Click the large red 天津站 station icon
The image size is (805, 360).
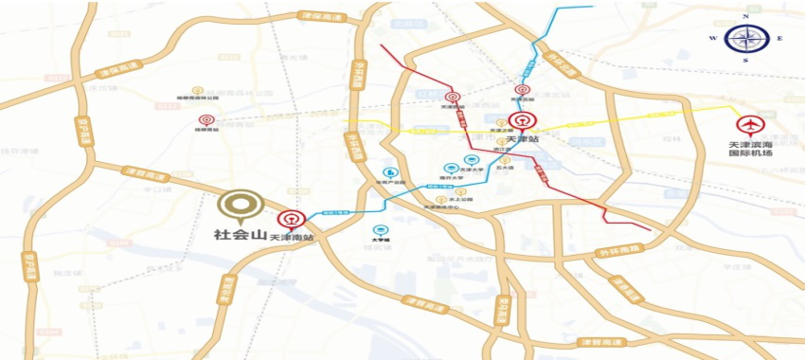click(x=520, y=122)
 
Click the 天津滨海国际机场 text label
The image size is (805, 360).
click(x=750, y=151)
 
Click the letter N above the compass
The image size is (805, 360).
click(x=744, y=16)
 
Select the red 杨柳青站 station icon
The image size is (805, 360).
click(x=206, y=120)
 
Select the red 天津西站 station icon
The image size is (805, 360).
click(x=453, y=96)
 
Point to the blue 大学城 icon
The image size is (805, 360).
click(x=380, y=230)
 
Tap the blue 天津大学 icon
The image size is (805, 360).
click(x=472, y=159)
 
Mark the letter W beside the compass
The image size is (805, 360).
click(x=711, y=38)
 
